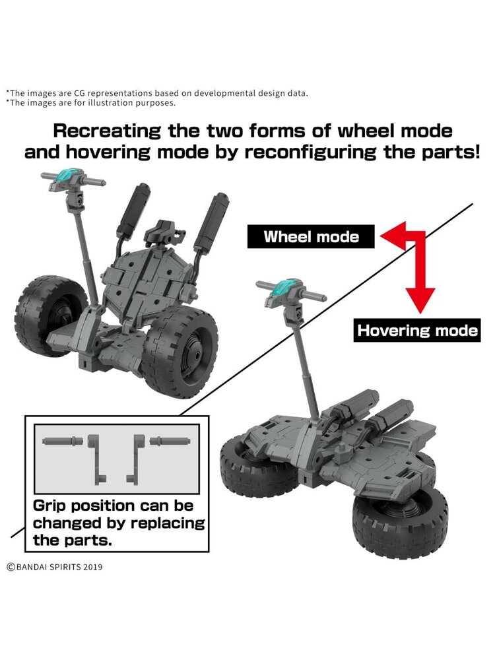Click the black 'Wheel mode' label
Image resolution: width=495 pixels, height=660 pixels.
tap(311, 237)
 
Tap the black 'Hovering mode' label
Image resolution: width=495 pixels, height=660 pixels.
tap(417, 330)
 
